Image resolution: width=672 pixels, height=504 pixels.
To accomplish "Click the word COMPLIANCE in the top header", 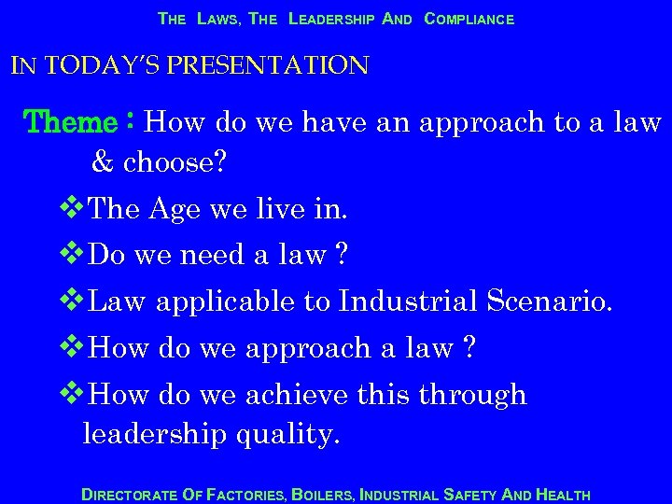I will pyautogui.click(x=469, y=19).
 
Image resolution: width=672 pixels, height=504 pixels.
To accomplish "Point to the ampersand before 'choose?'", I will pyautogui.click(x=102, y=162).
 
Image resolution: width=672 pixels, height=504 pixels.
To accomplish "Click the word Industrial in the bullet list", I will pyautogui.click(x=408, y=301).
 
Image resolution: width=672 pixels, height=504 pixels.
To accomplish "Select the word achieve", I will pyautogui.click(x=297, y=395).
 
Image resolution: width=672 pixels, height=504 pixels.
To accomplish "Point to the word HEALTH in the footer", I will pyautogui.click(x=563, y=495).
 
